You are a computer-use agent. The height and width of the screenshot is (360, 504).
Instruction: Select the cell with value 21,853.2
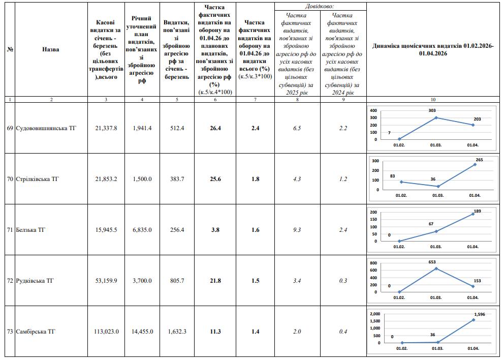[x=106, y=179]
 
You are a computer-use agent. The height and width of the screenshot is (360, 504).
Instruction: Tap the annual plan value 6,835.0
[x=142, y=230]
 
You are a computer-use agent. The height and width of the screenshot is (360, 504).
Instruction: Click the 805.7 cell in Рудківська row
[x=177, y=281]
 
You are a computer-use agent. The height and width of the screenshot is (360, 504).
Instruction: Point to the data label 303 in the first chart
[x=432, y=110]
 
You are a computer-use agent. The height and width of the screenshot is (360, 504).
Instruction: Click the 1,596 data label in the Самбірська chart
[x=479, y=314]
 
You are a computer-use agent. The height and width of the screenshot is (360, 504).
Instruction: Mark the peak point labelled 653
[x=436, y=268]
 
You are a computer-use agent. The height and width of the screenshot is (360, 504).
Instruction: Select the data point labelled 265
[x=474, y=164]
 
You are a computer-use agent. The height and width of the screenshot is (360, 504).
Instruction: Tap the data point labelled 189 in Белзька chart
[x=473, y=214]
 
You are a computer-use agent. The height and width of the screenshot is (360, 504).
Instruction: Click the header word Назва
[x=51, y=49]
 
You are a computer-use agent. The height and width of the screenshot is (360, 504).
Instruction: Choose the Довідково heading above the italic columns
[x=320, y=6]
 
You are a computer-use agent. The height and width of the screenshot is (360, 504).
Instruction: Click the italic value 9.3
[x=297, y=230]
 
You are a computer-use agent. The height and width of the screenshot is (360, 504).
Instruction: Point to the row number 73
[x=10, y=332]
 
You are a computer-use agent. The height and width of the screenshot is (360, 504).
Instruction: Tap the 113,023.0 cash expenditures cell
[x=106, y=332]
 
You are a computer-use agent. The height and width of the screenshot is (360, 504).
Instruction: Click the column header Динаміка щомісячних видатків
[x=432, y=49]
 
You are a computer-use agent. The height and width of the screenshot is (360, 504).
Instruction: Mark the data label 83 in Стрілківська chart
[x=393, y=176]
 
